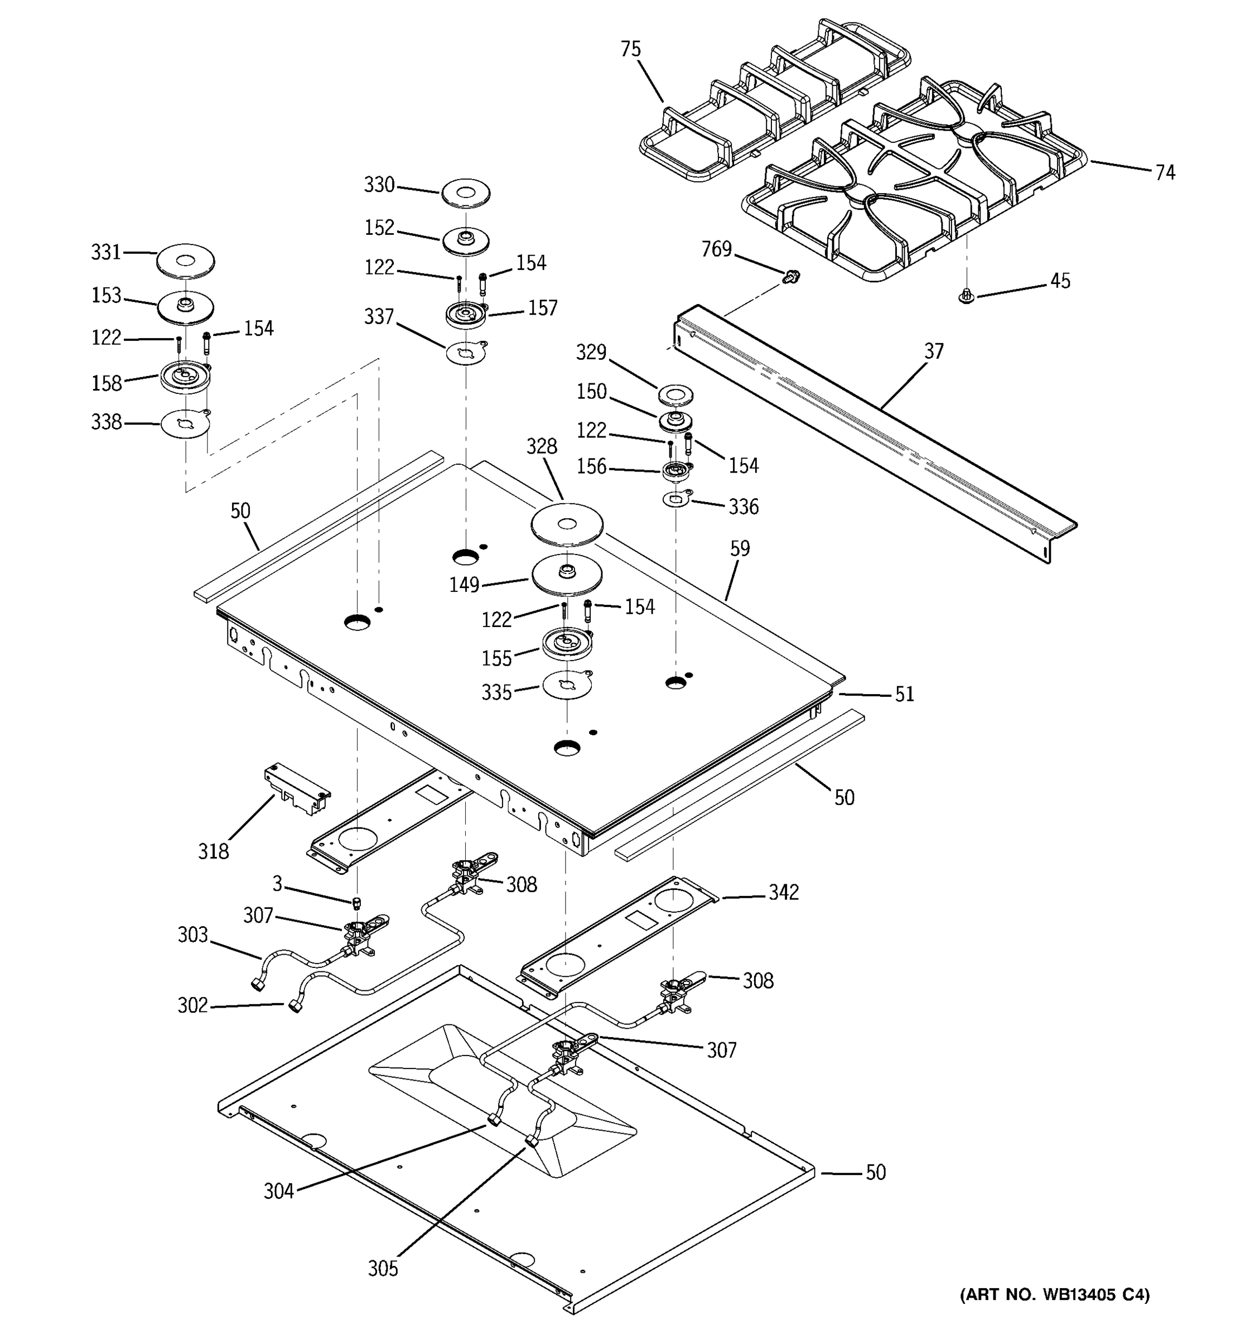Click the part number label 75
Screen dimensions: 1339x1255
click(630, 50)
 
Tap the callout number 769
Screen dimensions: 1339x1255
click(716, 250)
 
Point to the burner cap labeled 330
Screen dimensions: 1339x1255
click(466, 192)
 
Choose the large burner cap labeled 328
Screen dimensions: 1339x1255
click(567, 524)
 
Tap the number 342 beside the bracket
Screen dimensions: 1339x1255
click(783, 893)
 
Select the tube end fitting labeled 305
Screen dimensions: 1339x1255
click(532, 1141)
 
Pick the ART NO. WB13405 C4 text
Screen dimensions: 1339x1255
click(1054, 1294)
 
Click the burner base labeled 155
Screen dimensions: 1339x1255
click(567, 644)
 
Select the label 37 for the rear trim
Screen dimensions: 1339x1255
click(933, 351)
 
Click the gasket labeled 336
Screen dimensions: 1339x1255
click(677, 500)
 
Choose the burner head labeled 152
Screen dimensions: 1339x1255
click(466, 241)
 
